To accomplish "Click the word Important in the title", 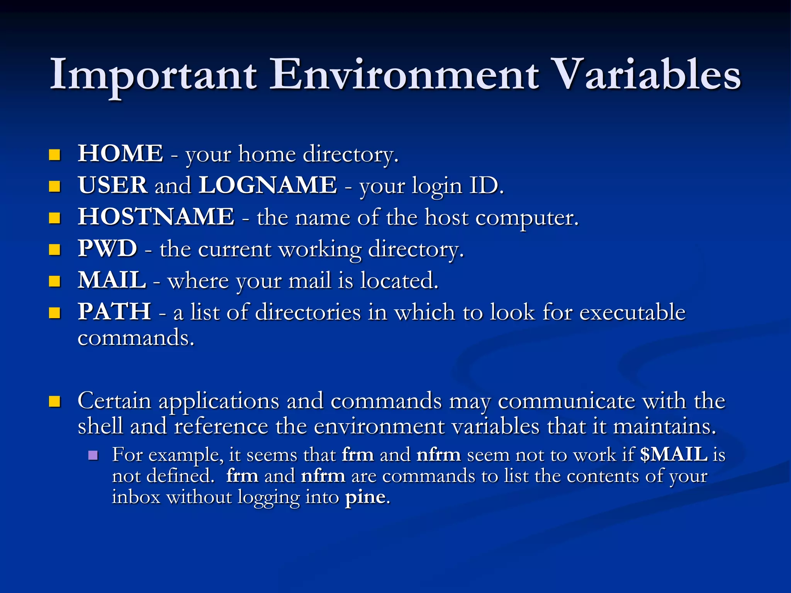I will (153, 75).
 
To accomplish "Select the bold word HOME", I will (121, 154).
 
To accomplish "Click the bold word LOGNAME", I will (268, 185).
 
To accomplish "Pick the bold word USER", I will (113, 185).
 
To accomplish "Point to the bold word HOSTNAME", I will (156, 217).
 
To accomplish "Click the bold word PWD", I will (107, 249).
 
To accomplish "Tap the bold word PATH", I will (114, 312).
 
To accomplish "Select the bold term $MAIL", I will (674, 455).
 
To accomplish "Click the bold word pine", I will (365, 497).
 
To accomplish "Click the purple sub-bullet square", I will (93, 455).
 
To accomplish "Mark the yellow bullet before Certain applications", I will (55, 402).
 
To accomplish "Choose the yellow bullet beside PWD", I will (55, 250).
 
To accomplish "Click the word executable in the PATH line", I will (632, 312).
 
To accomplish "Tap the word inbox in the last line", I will (136, 497).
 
